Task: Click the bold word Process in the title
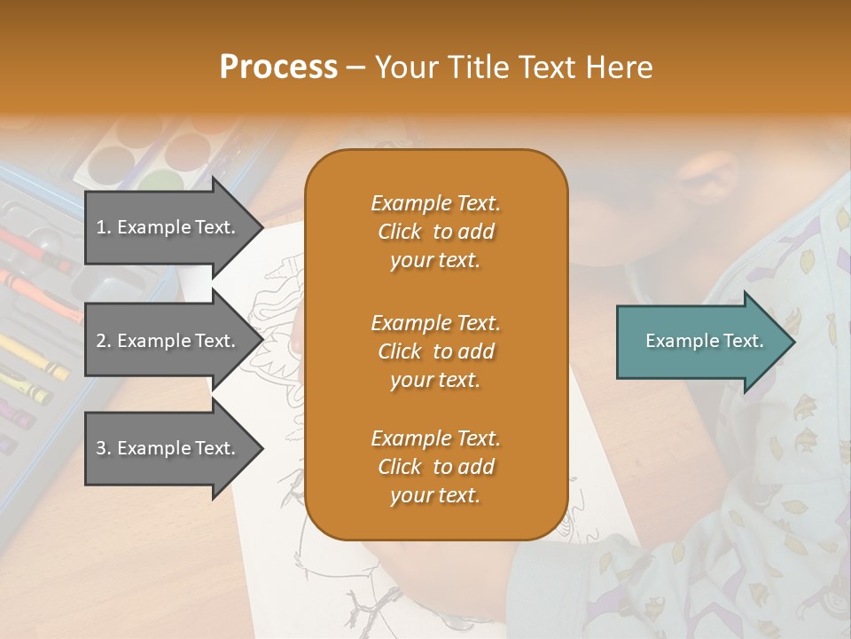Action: pos(278,67)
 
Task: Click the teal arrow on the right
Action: pos(700,342)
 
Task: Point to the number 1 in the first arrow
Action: pos(101,227)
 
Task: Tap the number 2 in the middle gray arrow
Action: pos(101,341)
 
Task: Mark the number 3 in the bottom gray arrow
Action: pos(101,448)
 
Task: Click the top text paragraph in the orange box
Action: pos(435,232)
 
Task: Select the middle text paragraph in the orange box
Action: pos(435,351)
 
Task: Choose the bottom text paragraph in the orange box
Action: pos(435,467)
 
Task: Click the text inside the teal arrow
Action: pos(704,341)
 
